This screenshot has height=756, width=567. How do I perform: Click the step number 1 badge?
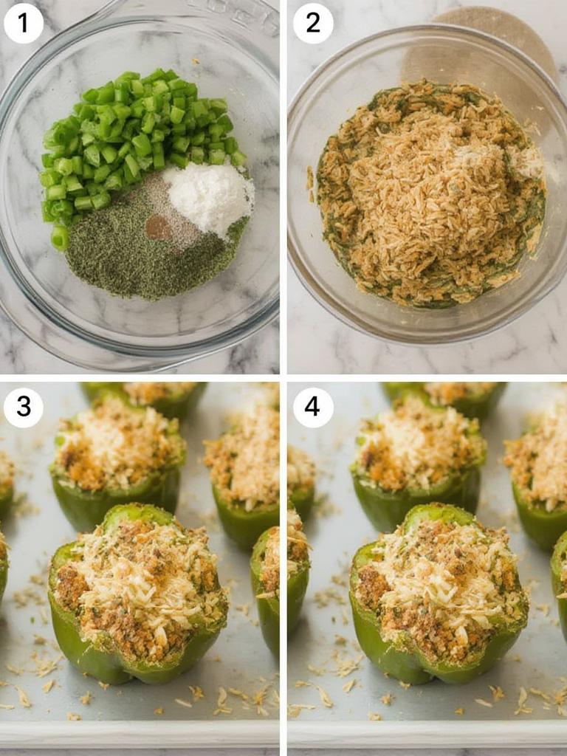point(23,23)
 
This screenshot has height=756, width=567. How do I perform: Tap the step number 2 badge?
point(313,23)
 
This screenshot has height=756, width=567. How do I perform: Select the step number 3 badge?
point(23,406)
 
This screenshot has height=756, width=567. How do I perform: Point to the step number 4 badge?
point(313,406)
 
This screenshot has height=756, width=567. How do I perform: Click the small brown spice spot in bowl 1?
point(157,227)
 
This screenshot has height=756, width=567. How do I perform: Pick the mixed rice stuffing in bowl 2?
point(428,192)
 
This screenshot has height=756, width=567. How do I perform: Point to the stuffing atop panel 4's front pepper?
point(439,576)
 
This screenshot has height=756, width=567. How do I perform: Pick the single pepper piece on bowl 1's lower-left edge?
point(59,238)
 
